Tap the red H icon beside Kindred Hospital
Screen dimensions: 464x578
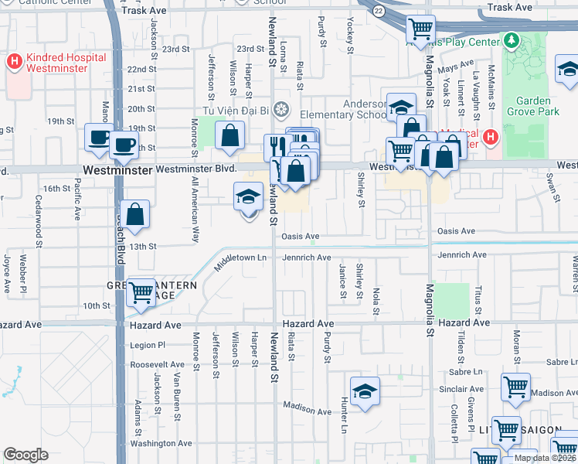(14, 59)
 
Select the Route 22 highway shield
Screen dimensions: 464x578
(377, 11)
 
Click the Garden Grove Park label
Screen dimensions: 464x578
(532, 106)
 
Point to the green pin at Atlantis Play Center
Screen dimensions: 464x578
(510, 39)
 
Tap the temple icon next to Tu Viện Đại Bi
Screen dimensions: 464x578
(282, 107)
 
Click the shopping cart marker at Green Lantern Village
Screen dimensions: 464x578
(140, 292)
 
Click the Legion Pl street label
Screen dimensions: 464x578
(148, 345)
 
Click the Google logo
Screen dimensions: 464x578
(25, 454)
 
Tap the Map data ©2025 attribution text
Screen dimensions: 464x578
(544, 458)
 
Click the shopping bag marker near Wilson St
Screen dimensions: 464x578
(230, 136)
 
